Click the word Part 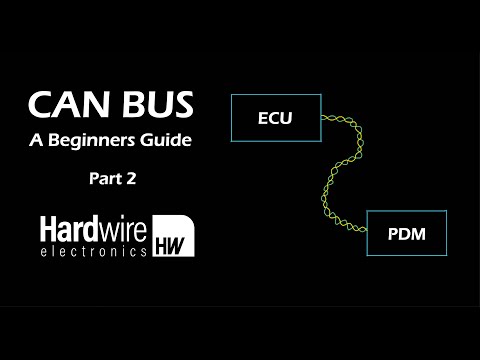(x=102, y=181)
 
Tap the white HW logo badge (x=173, y=236)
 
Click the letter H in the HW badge (x=164, y=245)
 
